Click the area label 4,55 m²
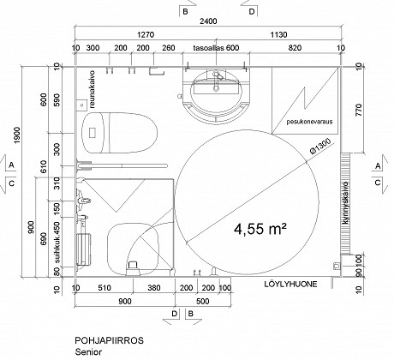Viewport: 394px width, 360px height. (260, 229)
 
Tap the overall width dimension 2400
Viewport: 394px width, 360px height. (208, 21)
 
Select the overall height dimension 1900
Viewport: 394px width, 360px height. (17, 135)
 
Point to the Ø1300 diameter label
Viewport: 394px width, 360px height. (320, 147)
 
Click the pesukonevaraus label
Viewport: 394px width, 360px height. (309, 122)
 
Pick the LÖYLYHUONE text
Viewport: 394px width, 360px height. (290, 285)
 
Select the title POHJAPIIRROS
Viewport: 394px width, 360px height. (110, 340)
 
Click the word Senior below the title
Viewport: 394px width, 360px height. (88, 351)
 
